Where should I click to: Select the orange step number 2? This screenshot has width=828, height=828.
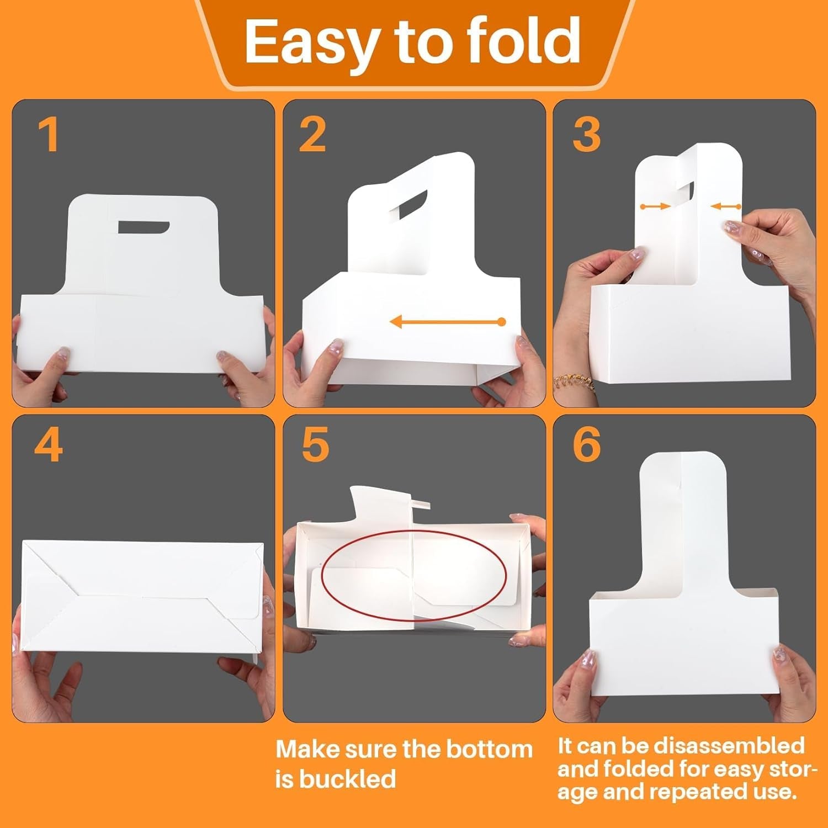[312, 135]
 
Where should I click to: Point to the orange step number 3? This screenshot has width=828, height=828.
[586, 135]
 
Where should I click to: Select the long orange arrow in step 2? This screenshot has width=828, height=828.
[447, 321]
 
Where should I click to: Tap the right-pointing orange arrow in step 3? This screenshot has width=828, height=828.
[655, 206]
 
